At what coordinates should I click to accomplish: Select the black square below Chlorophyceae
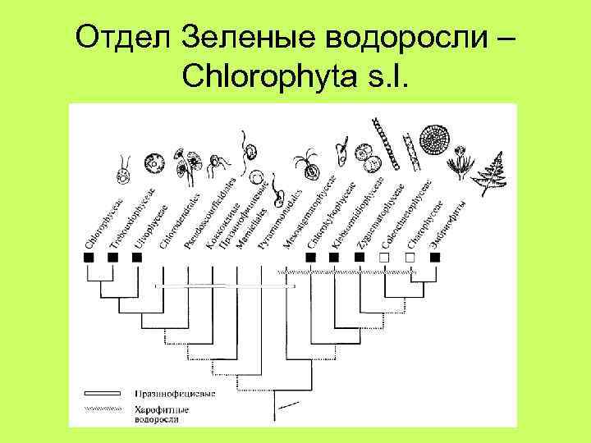click(x=89, y=257)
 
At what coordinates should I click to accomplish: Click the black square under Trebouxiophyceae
click(x=113, y=257)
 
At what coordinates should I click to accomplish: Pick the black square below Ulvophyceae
click(x=137, y=257)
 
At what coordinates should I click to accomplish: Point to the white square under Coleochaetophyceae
click(x=384, y=257)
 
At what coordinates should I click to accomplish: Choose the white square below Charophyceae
click(x=410, y=257)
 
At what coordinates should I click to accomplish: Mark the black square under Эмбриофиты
click(x=434, y=257)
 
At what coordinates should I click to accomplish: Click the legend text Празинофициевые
click(x=176, y=394)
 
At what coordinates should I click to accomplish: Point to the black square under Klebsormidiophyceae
click(x=359, y=257)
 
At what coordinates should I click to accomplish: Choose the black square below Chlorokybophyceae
click(x=334, y=257)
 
